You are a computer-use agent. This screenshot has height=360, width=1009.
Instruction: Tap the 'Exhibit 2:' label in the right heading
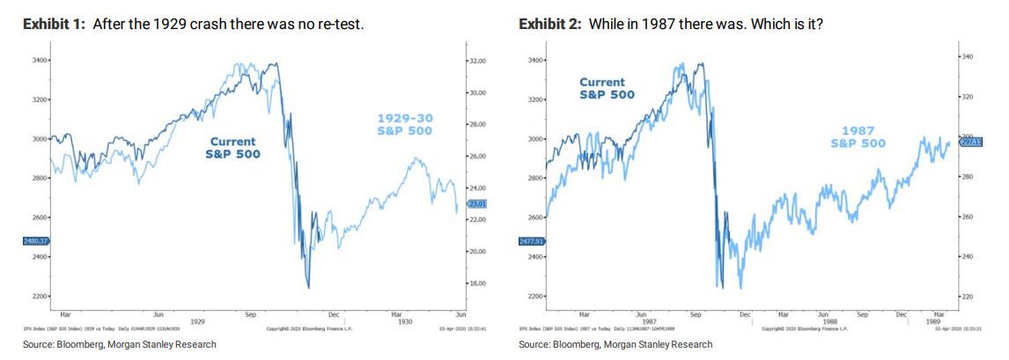tap(549, 24)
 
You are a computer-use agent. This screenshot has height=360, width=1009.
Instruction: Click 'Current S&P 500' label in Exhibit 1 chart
tap(232, 147)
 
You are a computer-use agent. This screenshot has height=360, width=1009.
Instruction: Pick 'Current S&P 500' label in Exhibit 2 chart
tap(608, 88)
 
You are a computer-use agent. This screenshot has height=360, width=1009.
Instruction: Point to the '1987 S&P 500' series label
tap(858, 136)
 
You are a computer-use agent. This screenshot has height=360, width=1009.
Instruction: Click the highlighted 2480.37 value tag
tap(35, 240)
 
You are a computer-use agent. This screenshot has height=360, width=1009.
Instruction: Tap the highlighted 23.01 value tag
tap(476, 203)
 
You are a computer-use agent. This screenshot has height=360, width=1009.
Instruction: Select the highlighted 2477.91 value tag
tap(533, 239)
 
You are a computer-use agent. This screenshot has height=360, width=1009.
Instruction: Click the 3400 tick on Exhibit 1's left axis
tap(41, 60)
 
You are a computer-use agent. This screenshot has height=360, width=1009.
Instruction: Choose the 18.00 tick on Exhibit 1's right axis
tap(476, 283)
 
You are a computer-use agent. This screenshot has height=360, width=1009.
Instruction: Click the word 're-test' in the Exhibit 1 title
tap(337, 24)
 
